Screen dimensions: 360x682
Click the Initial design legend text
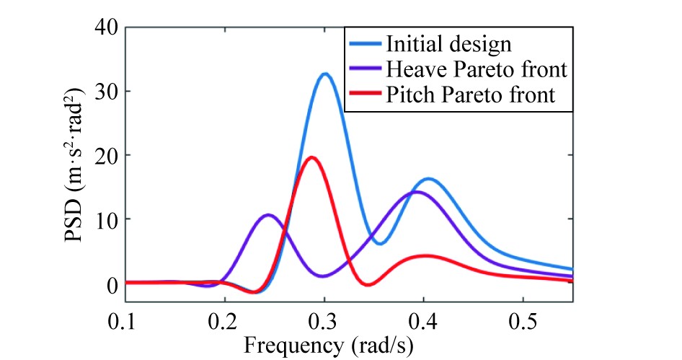pyautogui.click(x=448, y=43)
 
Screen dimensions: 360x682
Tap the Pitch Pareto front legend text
pyautogui.click(x=471, y=95)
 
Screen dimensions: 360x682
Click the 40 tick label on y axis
pyautogui.click(x=107, y=27)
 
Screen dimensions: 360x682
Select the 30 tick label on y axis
pyautogui.click(x=107, y=92)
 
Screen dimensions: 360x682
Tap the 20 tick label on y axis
pyautogui.click(x=107, y=155)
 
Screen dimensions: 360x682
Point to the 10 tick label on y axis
pyautogui.click(x=107, y=219)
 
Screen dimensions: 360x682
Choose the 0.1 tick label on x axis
pyautogui.click(x=126, y=320)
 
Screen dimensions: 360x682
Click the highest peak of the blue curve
pyautogui.click(x=324, y=74)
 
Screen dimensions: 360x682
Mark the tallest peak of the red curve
pyautogui.click(x=311, y=157)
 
